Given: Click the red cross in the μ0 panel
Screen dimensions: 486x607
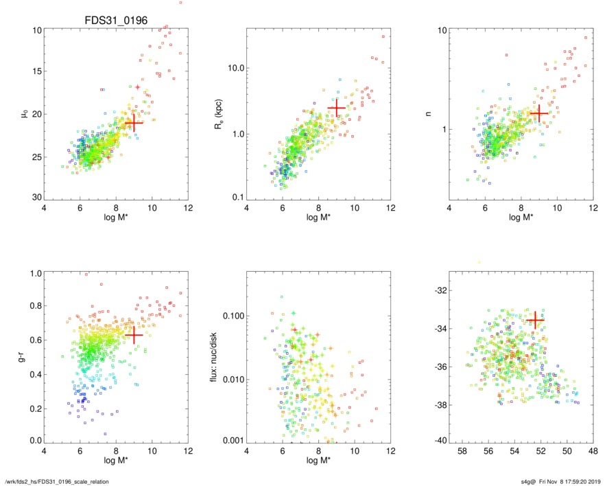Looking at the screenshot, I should [134, 123].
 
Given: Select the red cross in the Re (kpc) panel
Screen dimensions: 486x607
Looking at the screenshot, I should [336, 108].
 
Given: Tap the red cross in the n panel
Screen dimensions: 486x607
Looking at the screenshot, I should [539, 113].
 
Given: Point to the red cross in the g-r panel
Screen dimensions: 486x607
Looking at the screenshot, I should [134, 335].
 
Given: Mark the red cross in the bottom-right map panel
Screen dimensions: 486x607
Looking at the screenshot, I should [535, 320].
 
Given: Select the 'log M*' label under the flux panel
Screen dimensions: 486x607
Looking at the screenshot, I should [318, 460].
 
